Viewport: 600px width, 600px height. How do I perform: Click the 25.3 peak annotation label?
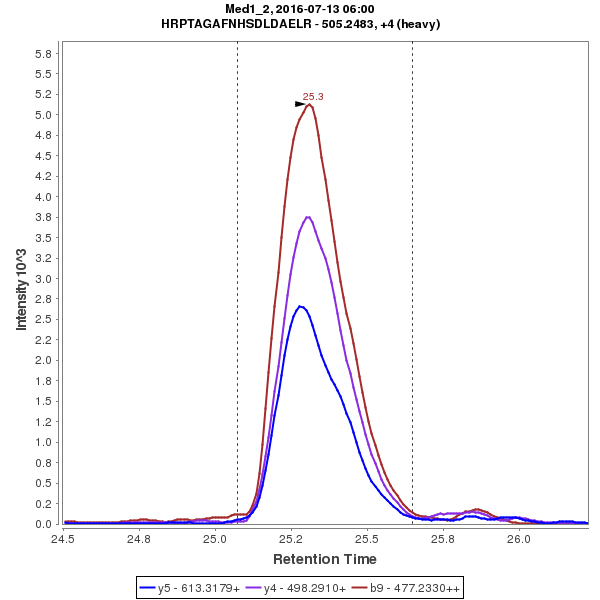[x=313, y=97]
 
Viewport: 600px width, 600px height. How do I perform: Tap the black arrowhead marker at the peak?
[x=300, y=104]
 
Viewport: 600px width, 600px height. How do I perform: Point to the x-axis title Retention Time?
[x=325, y=558]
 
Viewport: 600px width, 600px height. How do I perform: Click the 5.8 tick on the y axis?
[x=44, y=53]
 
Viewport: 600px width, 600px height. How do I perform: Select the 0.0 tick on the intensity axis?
[x=44, y=524]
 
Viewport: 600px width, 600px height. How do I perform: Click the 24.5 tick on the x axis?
[x=63, y=538]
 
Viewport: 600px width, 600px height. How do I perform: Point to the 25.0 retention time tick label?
[x=215, y=538]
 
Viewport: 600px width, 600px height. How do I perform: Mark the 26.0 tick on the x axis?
[x=518, y=538]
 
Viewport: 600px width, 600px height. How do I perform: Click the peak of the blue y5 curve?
[x=299, y=306]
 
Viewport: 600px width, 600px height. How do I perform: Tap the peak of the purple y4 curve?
[x=308, y=217]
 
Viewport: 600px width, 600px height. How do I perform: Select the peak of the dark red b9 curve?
[x=310, y=104]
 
